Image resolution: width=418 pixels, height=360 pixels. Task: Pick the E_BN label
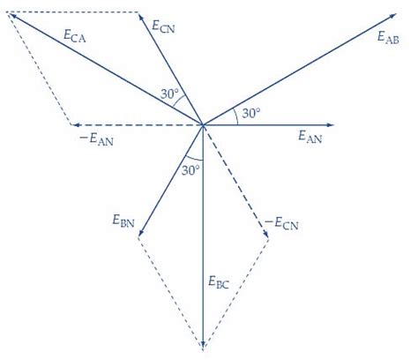(123, 219)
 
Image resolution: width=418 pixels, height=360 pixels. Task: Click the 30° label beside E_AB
(251, 113)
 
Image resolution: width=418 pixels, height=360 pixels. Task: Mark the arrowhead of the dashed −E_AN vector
(74, 124)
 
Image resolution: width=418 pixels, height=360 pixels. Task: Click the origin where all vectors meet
(203, 124)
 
